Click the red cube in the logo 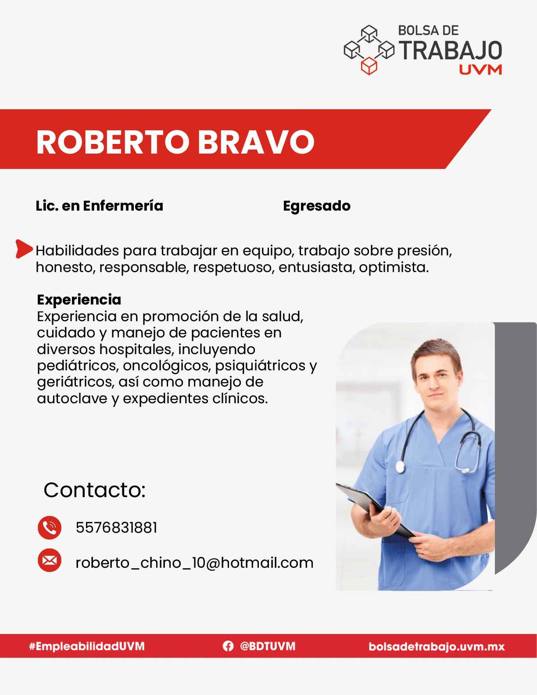click(x=369, y=66)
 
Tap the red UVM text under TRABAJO click(x=480, y=70)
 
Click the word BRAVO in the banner click(x=256, y=142)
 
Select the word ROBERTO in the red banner click(x=113, y=142)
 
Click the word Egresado click(x=317, y=206)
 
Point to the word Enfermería click(x=123, y=206)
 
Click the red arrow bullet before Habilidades click(x=24, y=248)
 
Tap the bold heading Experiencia click(x=79, y=300)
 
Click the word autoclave click(x=72, y=398)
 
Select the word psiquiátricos click(x=260, y=365)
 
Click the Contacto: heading click(x=95, y=490)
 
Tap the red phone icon click(x=50, y=528)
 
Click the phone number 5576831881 click(x=116, y=528)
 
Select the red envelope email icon click(x=50, y=560)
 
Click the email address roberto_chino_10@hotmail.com click(x=194, y=562)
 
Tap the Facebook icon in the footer click(x=228, y=646)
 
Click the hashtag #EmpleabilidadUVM click(x=87, y=646)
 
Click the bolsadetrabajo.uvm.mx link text click(x=437, y=646)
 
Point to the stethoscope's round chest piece click(x=400, y=467)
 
